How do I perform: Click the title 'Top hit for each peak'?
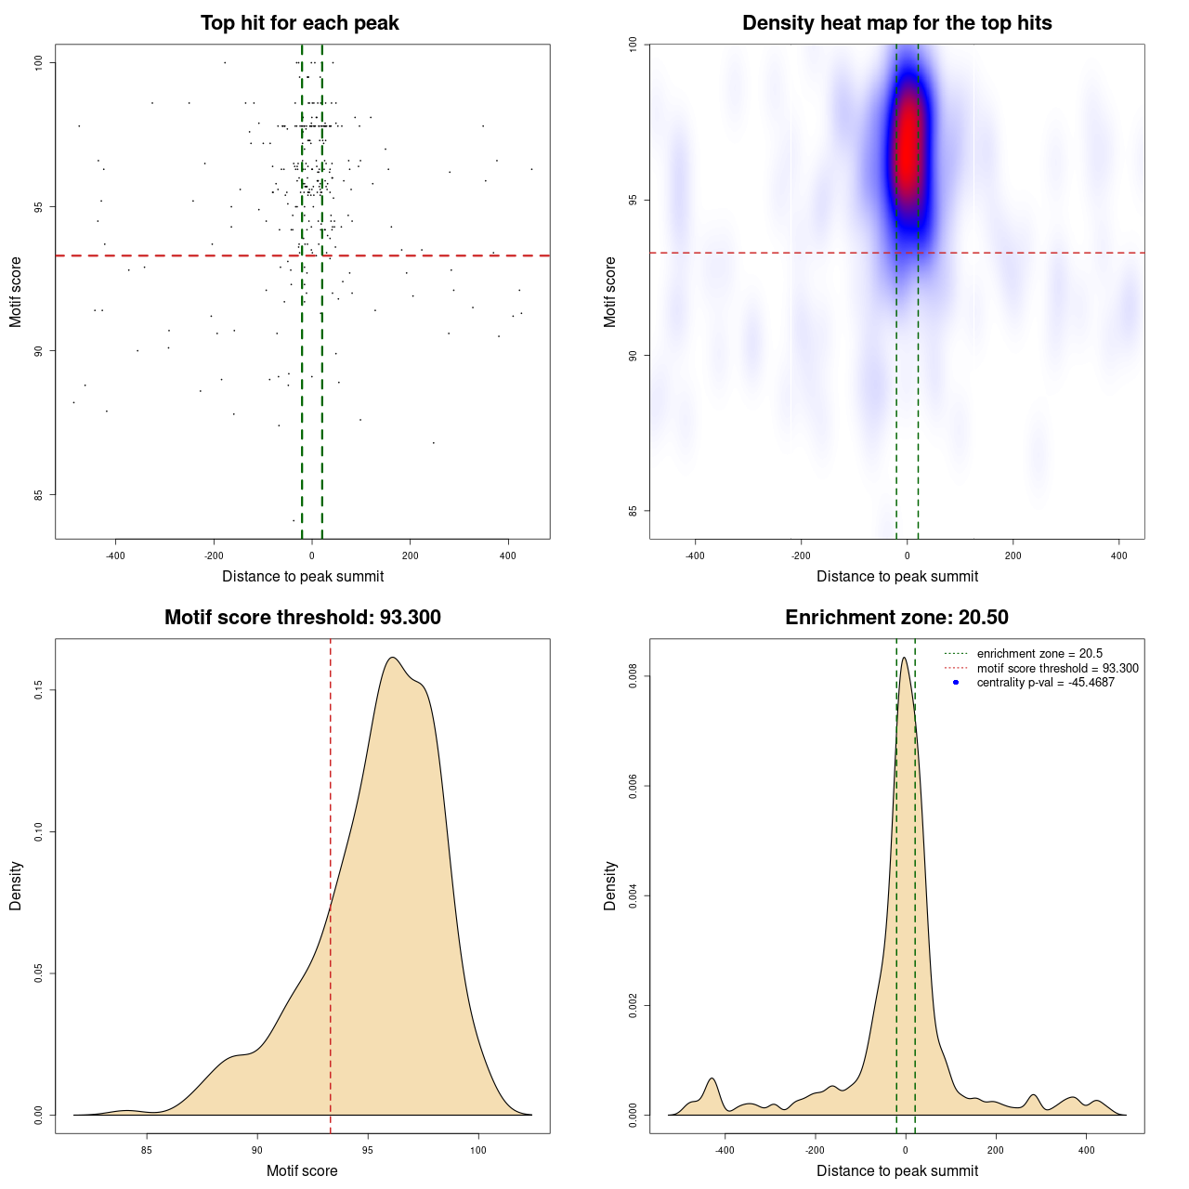click(299, 23)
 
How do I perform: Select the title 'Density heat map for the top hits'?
click(896, 23)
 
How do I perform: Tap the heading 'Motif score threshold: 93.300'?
click(302, 618)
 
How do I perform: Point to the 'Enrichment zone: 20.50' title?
click(896, 618)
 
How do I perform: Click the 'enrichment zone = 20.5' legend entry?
click(1039, 654)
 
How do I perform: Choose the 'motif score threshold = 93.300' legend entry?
click(1057, 668)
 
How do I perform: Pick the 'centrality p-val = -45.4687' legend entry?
click(1045, 683)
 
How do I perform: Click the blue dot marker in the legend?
click(956, 683)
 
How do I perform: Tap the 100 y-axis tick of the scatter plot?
click(39, 62)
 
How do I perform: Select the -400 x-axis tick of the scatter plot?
click(115, 556)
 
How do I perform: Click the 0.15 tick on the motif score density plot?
click(39, 690)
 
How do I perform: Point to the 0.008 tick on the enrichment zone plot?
click(634, 677)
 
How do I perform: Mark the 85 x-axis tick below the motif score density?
click(147, 1150)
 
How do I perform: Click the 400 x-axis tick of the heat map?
click(1118, 555)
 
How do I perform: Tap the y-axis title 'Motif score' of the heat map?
click(610, 292)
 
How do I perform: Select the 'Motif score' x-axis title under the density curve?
click(302, 1170)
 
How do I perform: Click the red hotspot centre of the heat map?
click(906, 149)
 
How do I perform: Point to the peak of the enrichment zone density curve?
click(904, 659)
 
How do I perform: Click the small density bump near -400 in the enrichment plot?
click(712, 1079)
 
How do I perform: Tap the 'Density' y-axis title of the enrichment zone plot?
click(610, 885)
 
